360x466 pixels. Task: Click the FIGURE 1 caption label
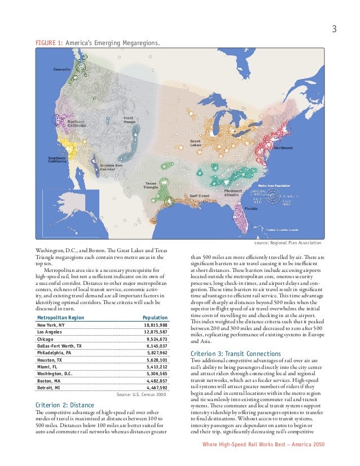49,43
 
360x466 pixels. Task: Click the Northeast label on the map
283,148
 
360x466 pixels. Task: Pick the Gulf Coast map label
199,196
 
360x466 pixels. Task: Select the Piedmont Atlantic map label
233,193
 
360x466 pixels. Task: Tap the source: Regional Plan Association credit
288,243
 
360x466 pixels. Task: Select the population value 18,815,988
155,326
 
